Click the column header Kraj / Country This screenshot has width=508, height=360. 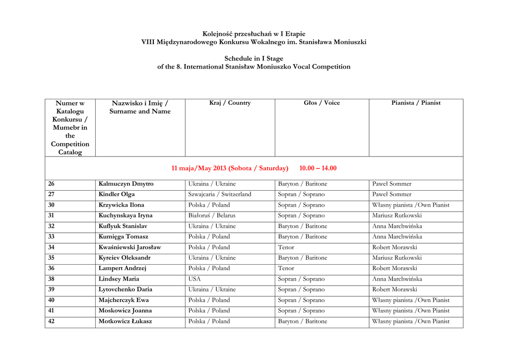pyautogui.click(x=230, y=103)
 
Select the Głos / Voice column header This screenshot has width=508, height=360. pyautogui.click(x=321, y=103)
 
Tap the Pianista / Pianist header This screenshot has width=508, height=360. pyautogui.click(x=416, y=103)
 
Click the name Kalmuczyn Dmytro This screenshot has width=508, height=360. pyautogui.click(x=126, y=184)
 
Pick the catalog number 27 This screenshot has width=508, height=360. pyautogui.click(x=51, y=194)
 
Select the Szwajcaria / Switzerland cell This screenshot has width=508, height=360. pyautogui.click(x=220, y=194)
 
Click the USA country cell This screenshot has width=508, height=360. pyautogui.click(x=194, y=279)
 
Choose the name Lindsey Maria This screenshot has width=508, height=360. pyautogui.click(x=119, y=279)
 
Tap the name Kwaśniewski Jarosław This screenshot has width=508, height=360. pyautogui.click(x=129, y=247)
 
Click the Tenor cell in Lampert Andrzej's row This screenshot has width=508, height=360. pyautogui.click(x=286, y=268)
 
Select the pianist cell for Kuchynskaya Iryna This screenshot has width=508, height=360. pyautogui.click(x=397, y=216)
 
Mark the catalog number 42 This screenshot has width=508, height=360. pyautogui.click(x=51, y=321)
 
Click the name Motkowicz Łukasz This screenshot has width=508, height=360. pyautogui.click(x=125, y=321)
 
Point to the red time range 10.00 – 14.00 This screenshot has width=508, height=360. pyautogui.click(x=317, y=168)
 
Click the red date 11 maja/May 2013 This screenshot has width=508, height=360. pyautogui.click(x=198, y=168)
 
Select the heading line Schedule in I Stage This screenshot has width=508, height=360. pyautogui.click(x=254, y=59)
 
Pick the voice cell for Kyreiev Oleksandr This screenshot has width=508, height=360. pyautogui.click(x=302, y=258)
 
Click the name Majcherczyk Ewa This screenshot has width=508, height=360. pyautogui.click(x=124, y=300)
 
